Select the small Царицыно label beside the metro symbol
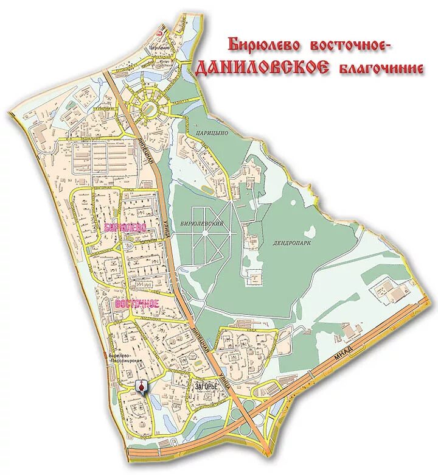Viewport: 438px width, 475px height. (159, 46)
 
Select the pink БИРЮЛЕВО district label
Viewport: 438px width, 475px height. (125, 228)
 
